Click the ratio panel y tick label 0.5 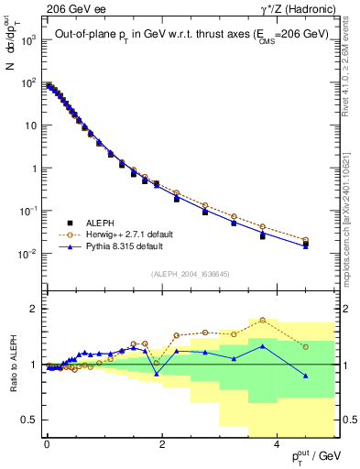click(29, 420)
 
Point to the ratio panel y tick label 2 click(33, 309)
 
